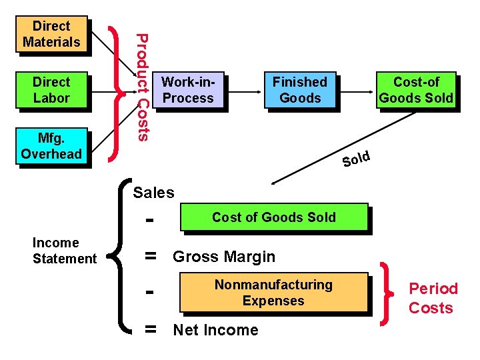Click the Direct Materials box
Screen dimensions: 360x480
click(51, 34)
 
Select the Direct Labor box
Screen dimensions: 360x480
click(51, 90)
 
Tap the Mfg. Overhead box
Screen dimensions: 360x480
click(51, 146)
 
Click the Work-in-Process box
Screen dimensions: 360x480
click(188, 90)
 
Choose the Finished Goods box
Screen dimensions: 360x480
click(300, 90)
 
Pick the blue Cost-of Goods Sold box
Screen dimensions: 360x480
click(416, 90)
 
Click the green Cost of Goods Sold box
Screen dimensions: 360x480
click(273, 217)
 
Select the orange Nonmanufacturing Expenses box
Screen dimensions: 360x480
click(273, 293)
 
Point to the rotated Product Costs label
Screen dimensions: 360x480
click(141, 87)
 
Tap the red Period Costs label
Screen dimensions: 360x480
click(433, 298)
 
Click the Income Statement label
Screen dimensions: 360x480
click(65, 251)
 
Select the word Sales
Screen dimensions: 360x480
click(153, 193)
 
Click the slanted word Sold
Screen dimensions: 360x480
click(356, 159)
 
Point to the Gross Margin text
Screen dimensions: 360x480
click(224, 257)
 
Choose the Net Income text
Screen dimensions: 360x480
click(215, 330)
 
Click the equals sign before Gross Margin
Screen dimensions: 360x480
click(151, 256)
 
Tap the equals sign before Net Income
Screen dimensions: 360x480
click(151, 329)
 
